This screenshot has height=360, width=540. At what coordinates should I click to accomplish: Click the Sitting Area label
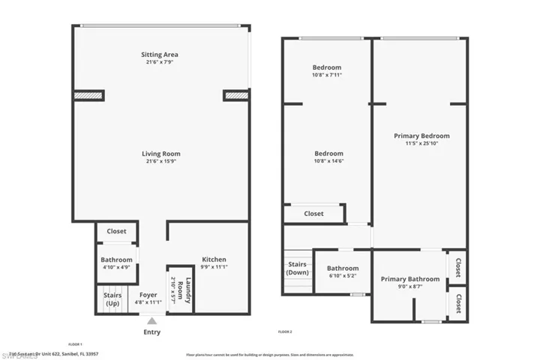point(160,55)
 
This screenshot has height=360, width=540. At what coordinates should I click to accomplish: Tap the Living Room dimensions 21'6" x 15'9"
point(161,162)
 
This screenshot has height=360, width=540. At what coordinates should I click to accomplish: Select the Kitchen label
point(214,260)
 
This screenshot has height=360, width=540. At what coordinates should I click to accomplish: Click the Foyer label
point(148,295)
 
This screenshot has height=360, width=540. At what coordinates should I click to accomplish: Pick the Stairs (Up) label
point(112,299)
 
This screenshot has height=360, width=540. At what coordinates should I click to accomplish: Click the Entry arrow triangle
point(151,320)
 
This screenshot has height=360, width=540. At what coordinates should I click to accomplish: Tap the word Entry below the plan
point(151,332)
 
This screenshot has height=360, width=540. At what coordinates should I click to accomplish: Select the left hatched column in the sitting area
point(88,95)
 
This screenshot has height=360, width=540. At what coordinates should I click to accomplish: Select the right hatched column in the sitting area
point(236,95)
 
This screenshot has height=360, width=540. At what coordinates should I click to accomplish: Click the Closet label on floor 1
point(116,232)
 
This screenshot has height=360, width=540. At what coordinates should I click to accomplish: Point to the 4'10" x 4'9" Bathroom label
point(116,263)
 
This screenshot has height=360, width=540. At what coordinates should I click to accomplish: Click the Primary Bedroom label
point(421,136)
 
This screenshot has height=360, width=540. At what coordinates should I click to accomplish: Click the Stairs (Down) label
point(297,268)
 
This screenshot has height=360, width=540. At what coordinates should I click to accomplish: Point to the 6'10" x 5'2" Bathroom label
point(343,271)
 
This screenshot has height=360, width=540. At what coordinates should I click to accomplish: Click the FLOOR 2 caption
point(285,331)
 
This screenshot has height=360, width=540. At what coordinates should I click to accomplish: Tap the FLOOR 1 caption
point(75,344)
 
